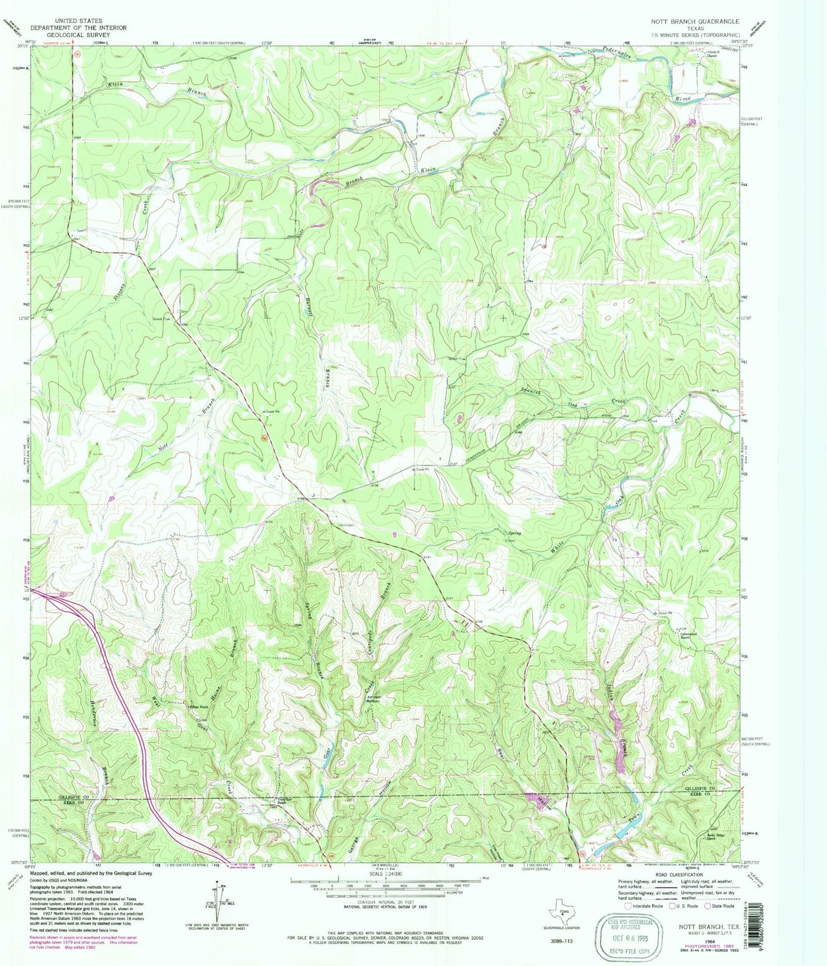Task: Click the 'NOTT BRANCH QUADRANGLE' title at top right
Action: point(695,21)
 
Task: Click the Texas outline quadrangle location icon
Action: point(563,914)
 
